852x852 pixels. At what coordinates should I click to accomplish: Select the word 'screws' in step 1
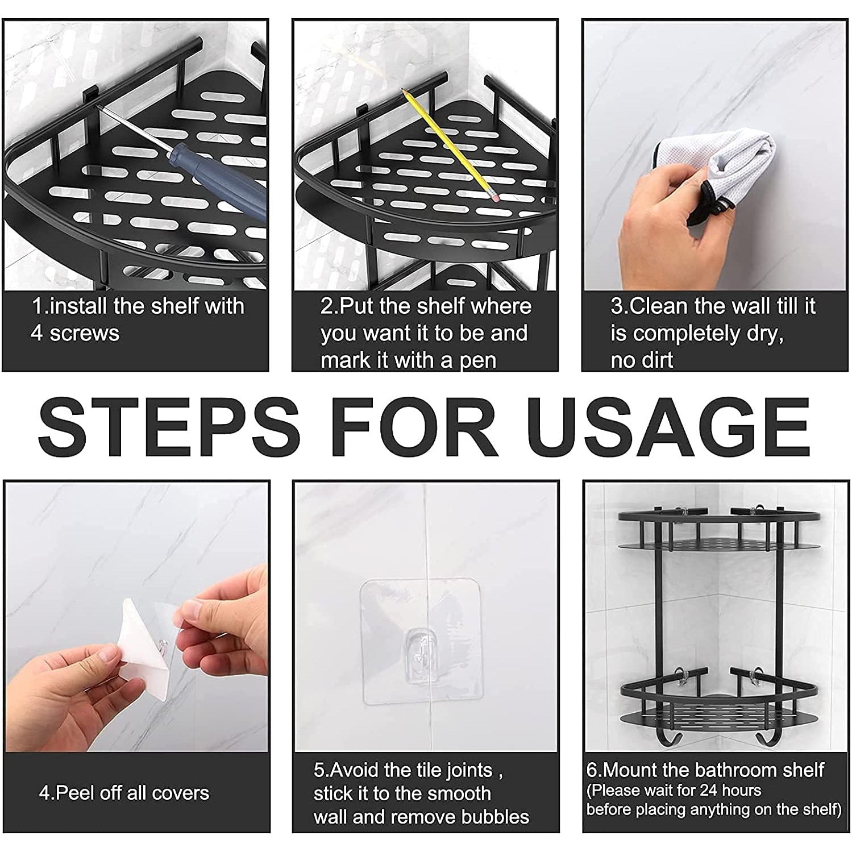[x=85, y=334]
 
